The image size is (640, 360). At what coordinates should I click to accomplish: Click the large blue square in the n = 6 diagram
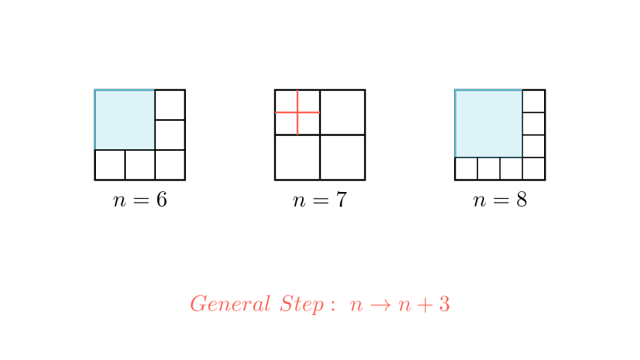click(x=124, y=120)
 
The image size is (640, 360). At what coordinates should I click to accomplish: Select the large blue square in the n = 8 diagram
click(x=489, y=124)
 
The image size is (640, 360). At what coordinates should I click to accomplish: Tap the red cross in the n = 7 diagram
click(x=298, y=112)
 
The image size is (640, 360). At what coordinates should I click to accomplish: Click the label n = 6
click(x=139, y=201)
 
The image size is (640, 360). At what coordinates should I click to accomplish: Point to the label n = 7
click(x=319, y=201)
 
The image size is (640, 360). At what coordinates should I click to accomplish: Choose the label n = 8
click(x=500, y=201)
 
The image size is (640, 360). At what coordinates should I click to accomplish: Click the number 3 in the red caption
click(x=444, y=304)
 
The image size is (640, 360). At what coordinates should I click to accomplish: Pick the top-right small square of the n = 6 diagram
click(x=170, y=105)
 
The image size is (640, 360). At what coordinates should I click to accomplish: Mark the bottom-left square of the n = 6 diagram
click(x=109, y=165)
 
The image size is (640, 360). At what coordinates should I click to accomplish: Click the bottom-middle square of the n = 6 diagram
click(x=139, y=165)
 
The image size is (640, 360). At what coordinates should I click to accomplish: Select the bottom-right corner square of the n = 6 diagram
click(x=170, y=165)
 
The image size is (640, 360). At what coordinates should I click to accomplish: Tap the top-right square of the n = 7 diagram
click(x=342, y=112)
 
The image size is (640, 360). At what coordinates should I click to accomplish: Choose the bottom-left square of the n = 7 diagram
click(x=298, y=157)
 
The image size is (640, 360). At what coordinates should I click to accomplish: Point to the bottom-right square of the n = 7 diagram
click(x=342, y=157)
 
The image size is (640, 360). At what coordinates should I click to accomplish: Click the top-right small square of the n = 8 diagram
click(x=534, y=101)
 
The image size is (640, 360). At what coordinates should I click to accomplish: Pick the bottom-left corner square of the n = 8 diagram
click(x=466, y=169)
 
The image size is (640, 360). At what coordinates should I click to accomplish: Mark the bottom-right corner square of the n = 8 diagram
click(x=534, y=169)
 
